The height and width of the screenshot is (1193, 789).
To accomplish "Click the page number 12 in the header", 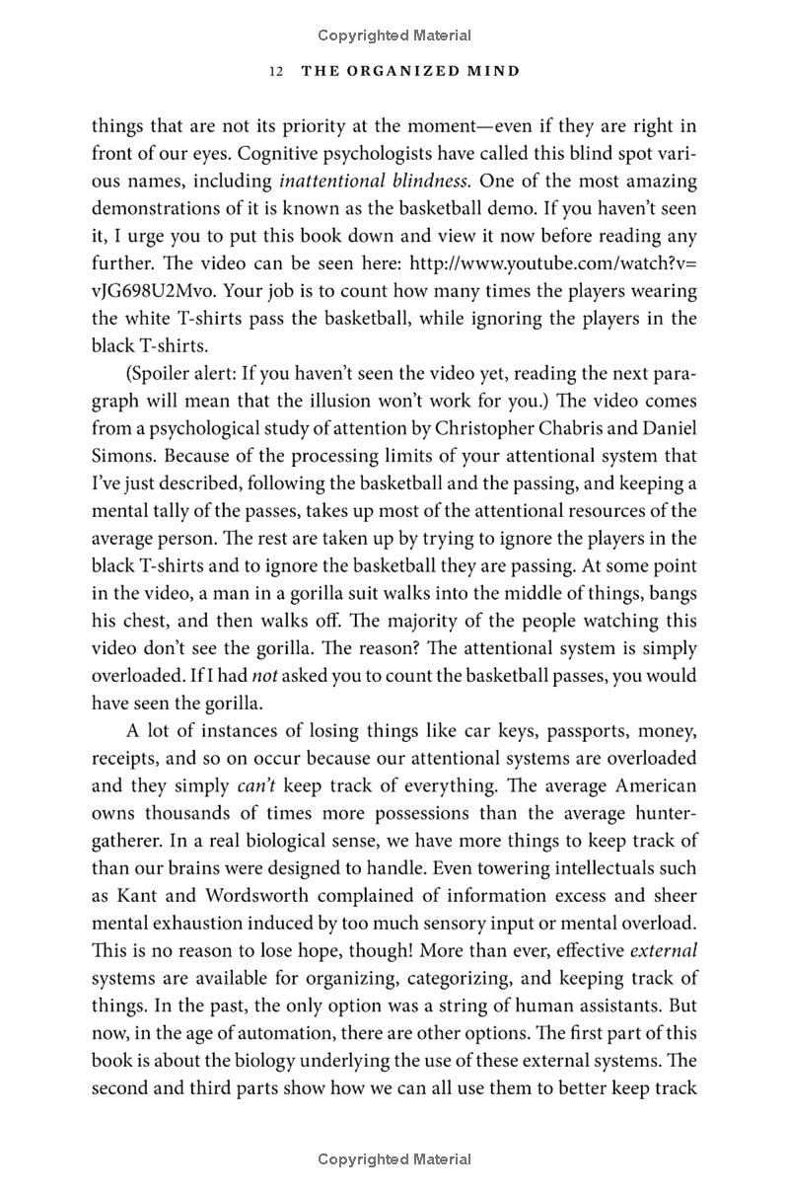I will click(276, 72).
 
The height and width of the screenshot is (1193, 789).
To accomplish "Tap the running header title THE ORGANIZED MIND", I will click(410, 72).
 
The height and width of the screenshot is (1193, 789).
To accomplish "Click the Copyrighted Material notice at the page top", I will click(394, 36).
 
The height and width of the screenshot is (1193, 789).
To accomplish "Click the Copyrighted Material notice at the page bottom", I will click(394, 1159).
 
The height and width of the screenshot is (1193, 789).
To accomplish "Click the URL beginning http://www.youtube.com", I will click(553, 264).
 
